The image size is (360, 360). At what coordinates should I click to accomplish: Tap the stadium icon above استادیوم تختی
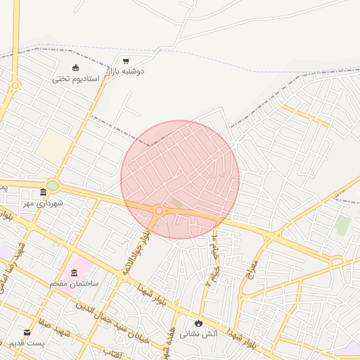point(77,68)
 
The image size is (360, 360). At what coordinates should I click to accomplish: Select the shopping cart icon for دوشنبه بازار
point(125,61)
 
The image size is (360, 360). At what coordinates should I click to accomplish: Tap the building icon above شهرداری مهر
point(44,192)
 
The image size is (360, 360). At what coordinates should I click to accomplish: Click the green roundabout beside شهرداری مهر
point(53,186)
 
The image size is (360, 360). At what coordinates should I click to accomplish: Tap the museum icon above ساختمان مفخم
point(75,272)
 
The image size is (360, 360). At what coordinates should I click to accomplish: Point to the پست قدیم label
point(27,342)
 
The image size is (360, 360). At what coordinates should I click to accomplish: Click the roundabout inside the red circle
point(160,210)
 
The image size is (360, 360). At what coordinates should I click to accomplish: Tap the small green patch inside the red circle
point(175,203)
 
